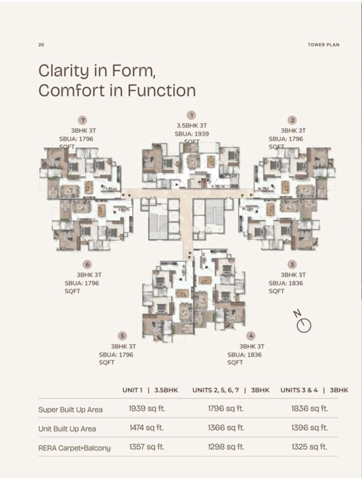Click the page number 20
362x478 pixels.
tap(41, 45)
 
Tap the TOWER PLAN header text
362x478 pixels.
tap(323, 45)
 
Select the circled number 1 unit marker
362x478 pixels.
tap(192, 115)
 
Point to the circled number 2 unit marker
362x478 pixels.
tap(292, 120)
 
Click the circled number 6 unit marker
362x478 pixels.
tap(87, 265)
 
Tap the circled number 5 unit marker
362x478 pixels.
tap(122, 336)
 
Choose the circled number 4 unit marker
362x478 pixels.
tap(250, 336)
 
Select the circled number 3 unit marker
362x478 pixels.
tap(292, 265)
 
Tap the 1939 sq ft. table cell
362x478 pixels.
tap(147, 408)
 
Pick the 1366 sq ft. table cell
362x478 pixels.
tap(225, 428)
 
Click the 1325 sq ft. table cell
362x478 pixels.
tap(309, 447)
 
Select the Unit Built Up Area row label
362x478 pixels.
tap(67, 429)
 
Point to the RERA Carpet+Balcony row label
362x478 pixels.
tap(74, 448)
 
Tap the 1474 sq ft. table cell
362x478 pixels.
tap(146, 428)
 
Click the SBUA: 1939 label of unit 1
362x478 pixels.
tap(192, 133)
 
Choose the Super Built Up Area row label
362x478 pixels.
tap(70, 409)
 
